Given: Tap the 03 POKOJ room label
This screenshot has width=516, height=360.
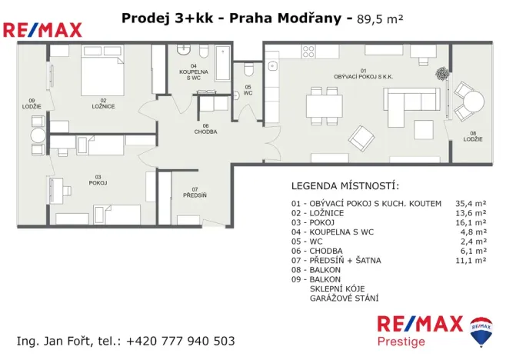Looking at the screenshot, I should point(97,179).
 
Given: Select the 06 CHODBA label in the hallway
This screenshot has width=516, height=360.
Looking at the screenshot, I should point(205,128).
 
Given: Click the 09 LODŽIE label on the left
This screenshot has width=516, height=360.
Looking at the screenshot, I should point(31,103).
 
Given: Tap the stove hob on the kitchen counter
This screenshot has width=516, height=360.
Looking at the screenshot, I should point(308,52).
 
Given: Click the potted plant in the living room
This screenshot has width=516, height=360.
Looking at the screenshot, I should point(442,75).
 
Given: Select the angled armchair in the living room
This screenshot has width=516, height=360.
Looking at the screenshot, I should point(361,138).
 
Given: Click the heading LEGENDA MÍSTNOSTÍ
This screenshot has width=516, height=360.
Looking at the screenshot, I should point(345,187).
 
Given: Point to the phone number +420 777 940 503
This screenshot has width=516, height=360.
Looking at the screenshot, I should point(180,341).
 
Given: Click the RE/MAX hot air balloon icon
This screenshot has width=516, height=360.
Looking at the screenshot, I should point(481,328).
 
